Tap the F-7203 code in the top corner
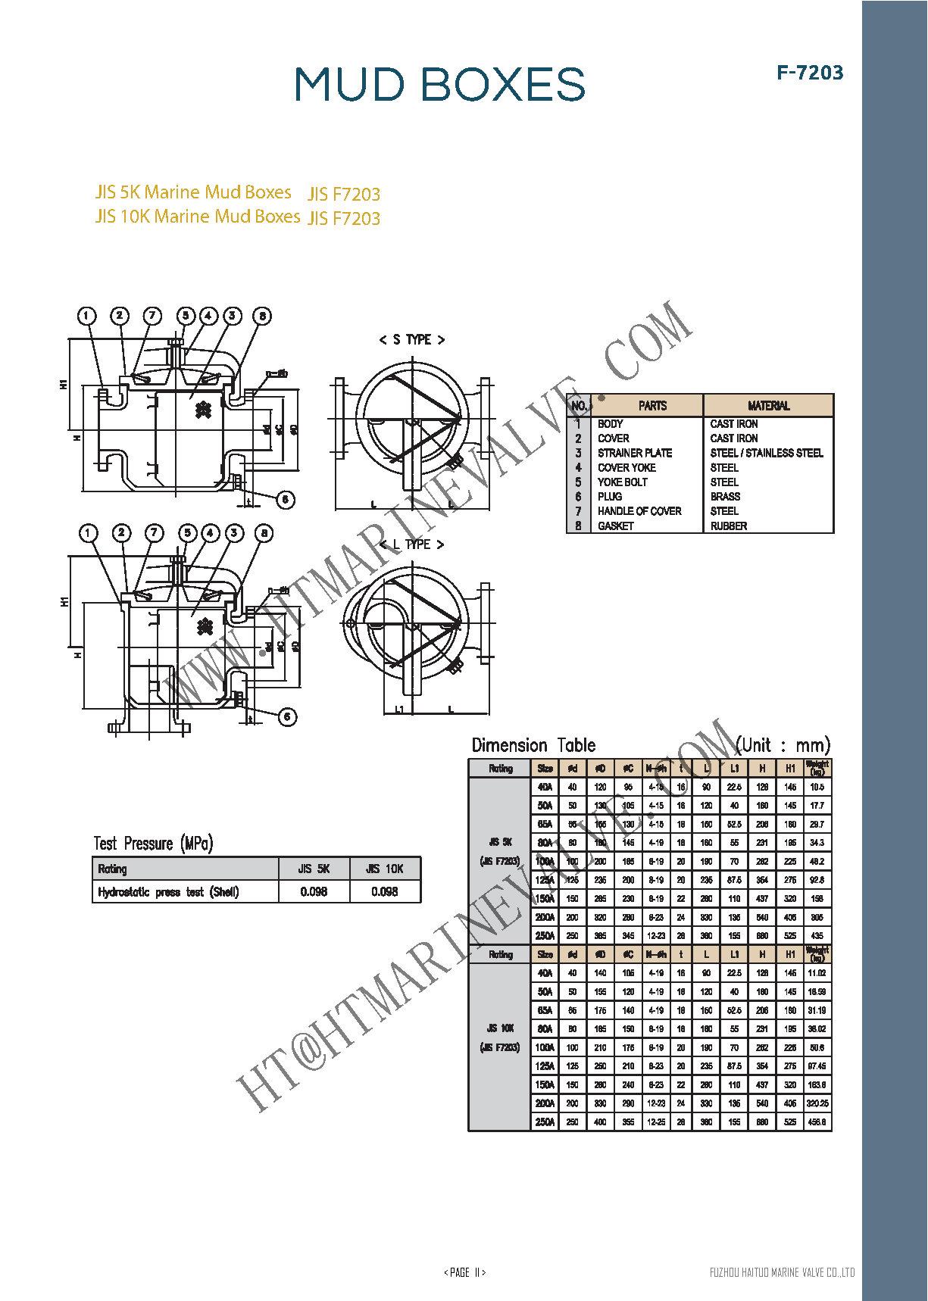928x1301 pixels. pos(809,73)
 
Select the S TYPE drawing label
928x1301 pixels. pos(411,340)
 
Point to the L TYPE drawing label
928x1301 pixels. pos(412,544)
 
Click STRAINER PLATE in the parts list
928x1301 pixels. pos(634,453)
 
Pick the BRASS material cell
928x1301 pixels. pos(725,497)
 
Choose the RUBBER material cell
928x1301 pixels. pos(728,526)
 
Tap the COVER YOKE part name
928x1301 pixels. pos(626,467)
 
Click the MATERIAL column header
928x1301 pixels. pos(768,406)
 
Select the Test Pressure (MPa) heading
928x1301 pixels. pos(153,843)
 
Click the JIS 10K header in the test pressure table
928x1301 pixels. pos(384,869)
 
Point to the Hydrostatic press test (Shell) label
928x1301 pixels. pos(168,892)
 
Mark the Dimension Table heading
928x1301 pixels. pos(533,745)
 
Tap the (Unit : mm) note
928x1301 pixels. pos(783,744)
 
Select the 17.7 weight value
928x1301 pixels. pos(817,806)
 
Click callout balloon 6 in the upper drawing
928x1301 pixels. pos(285,500)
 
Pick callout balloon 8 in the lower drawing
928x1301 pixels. pos(264,534)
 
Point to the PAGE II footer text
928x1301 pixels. pos(464,1272)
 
